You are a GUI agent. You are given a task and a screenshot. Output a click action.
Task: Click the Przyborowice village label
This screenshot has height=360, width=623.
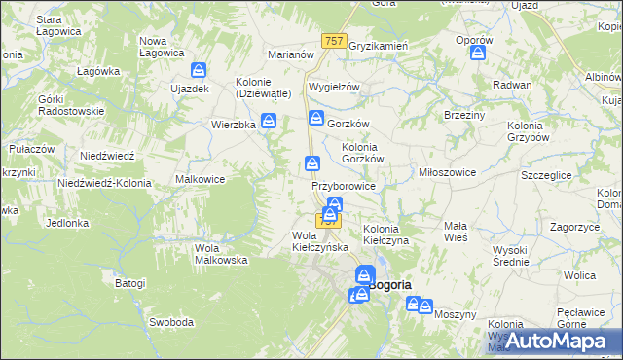343,185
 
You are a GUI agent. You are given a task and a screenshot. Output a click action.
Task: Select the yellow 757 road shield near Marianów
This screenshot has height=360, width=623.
333,40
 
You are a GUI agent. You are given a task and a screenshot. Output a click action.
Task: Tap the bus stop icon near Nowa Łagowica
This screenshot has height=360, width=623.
199,71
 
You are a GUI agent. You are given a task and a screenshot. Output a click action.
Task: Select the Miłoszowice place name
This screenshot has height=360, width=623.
446,172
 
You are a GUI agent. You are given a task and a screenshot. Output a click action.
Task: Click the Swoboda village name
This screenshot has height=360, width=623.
170,322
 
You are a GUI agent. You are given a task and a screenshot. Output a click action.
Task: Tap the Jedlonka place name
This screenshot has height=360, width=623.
67,223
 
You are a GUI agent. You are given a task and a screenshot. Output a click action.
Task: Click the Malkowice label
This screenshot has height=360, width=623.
200,179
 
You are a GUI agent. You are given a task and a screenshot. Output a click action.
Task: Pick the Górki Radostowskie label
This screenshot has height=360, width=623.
69,105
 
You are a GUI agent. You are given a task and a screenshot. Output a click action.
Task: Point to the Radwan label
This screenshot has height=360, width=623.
512,85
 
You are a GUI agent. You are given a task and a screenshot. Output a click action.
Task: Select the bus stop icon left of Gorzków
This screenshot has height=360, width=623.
316,119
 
